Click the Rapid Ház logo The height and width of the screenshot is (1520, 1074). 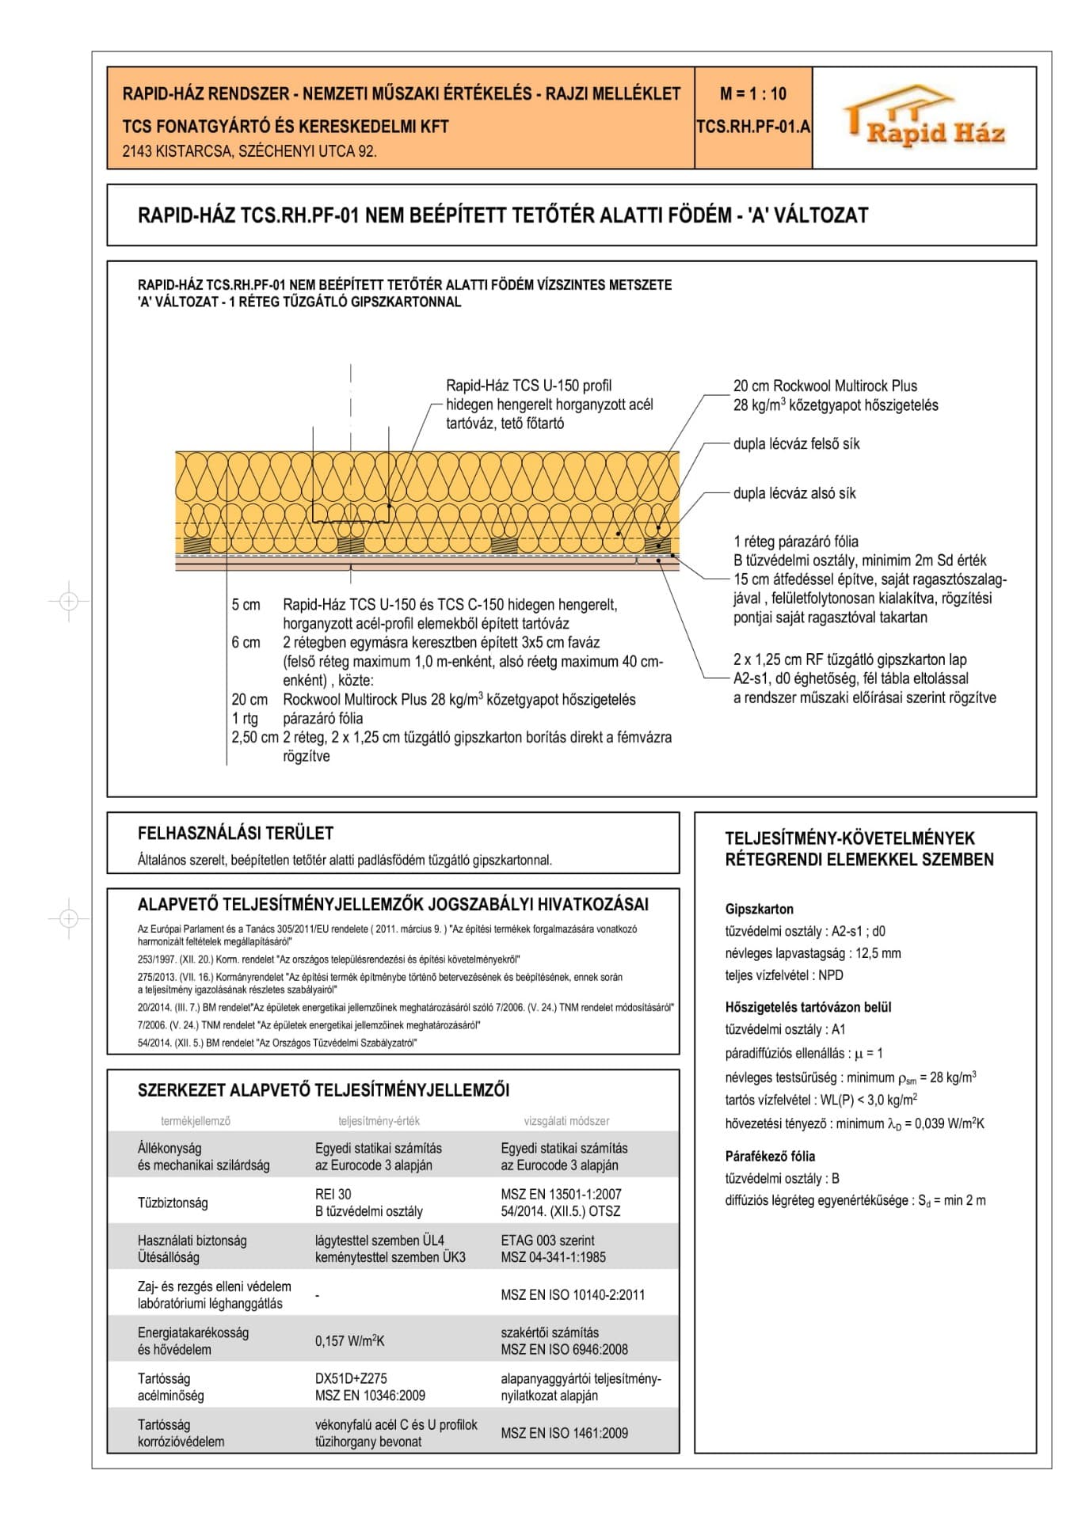924,118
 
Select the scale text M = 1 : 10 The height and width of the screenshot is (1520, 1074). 752,94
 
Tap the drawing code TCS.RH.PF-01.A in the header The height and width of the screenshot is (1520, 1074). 753,127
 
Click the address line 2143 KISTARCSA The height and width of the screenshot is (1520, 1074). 249,151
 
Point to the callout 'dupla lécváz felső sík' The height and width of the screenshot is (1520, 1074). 795,444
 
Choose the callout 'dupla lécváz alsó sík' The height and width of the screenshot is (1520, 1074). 794,493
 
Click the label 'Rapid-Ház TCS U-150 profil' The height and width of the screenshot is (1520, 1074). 528,386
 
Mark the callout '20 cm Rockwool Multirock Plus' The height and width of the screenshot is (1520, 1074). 825,386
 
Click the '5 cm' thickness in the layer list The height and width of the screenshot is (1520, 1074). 246,605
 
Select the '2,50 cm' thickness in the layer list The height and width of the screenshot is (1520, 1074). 254,737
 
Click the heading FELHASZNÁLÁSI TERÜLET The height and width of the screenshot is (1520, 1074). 235,833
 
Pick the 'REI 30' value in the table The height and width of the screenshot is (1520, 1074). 333,1194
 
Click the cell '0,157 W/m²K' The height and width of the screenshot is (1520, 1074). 349,1341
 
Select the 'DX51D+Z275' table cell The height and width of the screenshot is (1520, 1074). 351,1378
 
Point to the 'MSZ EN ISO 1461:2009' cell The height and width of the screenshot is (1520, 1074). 564,1433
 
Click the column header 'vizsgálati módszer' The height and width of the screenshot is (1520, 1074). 566,1121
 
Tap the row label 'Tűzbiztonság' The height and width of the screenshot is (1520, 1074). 173,1203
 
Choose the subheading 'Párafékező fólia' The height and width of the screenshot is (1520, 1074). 769,1156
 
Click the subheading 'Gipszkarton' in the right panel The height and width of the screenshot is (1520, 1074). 759,909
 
